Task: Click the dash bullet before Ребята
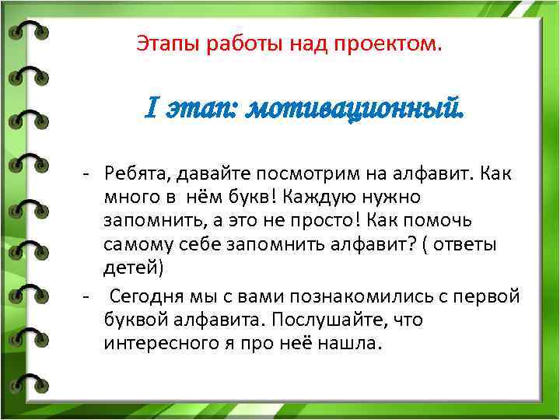click(89, 173)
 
